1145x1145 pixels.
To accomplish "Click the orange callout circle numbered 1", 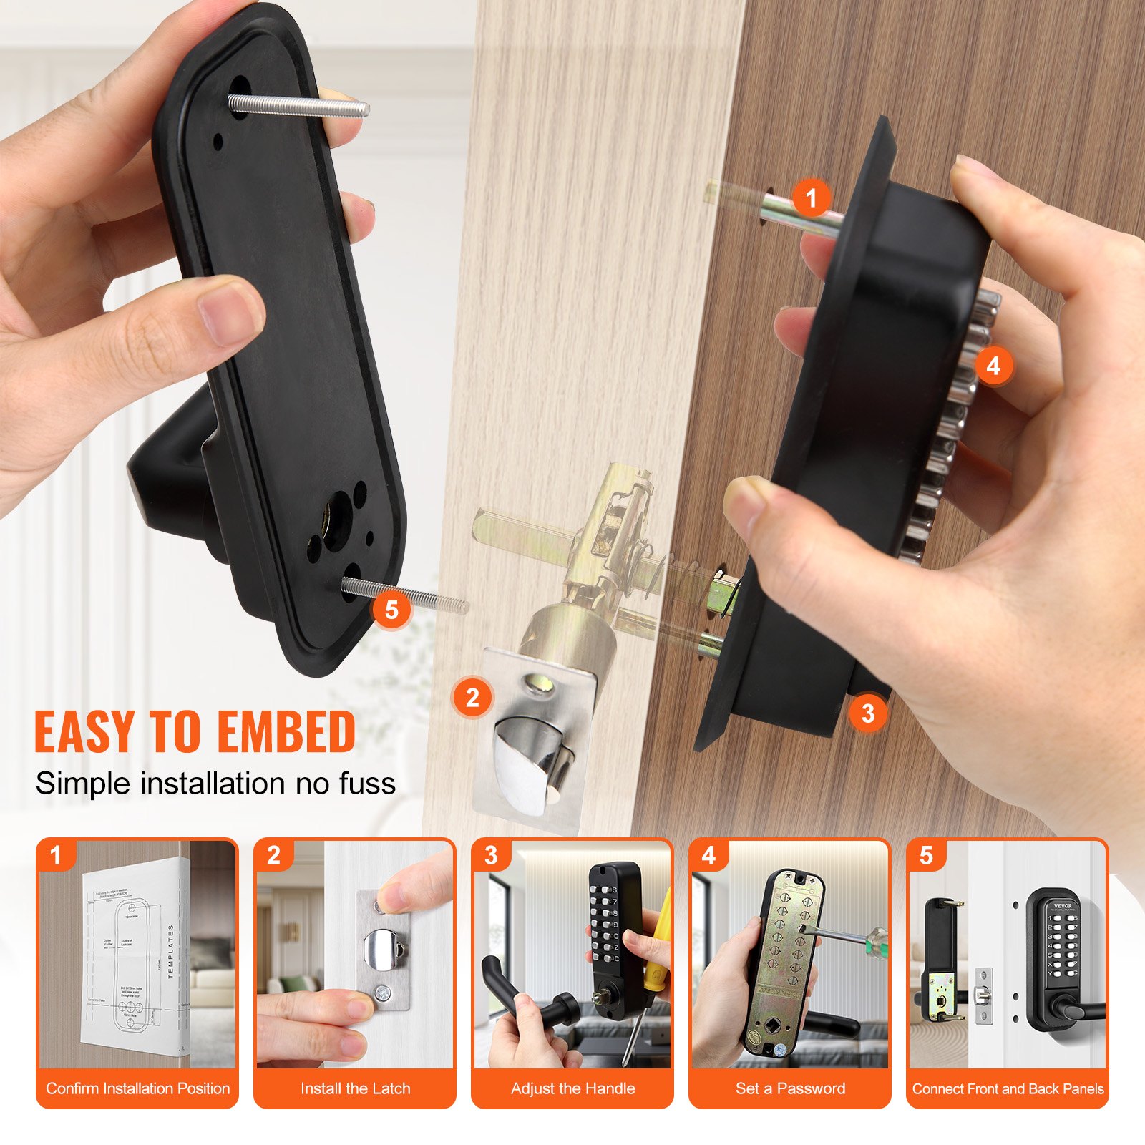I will pos(811,198).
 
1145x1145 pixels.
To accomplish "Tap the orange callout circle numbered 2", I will pos(472,697).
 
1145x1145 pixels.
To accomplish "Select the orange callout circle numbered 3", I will pos(868,713).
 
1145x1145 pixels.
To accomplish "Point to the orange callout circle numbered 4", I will pos(993,366).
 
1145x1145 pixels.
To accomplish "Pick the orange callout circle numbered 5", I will pos(391,610).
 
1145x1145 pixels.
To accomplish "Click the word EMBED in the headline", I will pos(286,732).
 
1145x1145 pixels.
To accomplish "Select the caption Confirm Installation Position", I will pos(137,1088).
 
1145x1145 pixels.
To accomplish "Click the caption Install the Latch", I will pos(355,1088).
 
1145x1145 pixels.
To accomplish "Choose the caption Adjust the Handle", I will pos(572,1088).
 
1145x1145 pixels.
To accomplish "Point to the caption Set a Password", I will pos(790,1088).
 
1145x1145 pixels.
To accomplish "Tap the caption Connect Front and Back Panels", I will pos(1008,1088).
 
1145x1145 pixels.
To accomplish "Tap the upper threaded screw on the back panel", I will pos(299,107).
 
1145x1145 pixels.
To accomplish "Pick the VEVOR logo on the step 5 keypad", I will pos(1062,905).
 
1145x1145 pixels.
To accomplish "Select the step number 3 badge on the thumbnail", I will pos(491,855).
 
